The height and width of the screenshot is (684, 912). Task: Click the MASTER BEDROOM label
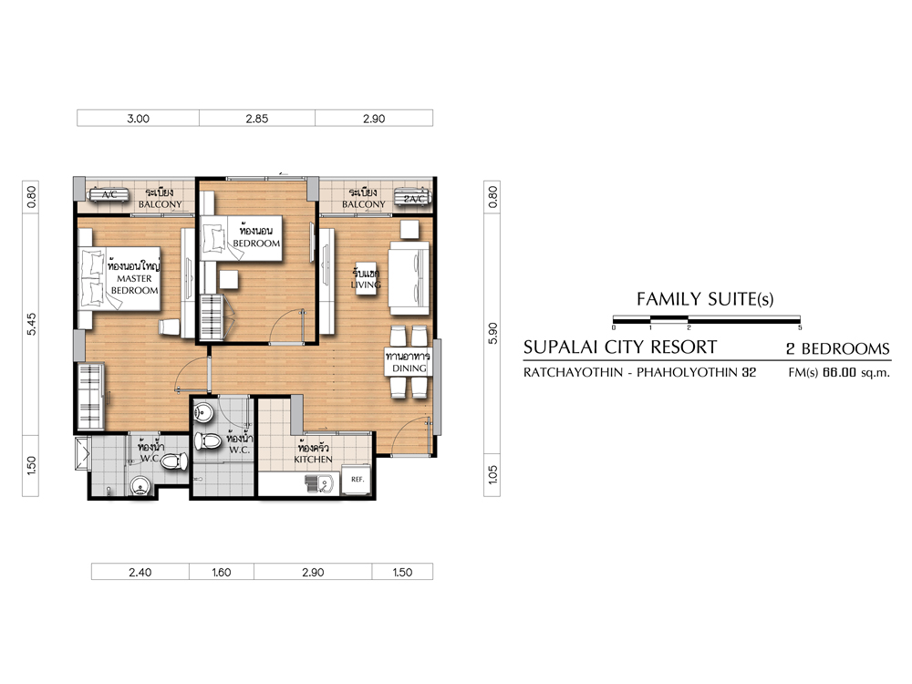tap(134, 285)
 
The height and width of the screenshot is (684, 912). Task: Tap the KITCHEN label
tap(313, 460)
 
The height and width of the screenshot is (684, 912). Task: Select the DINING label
tap(409, 368)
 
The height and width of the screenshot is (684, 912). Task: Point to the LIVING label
tap(366, 285)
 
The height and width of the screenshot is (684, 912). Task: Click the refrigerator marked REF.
tap(357, 480)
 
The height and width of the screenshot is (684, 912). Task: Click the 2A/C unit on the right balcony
tap(413, 198)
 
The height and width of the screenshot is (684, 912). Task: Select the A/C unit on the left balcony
tap(109, 194)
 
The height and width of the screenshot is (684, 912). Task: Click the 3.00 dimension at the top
tap(139, 119)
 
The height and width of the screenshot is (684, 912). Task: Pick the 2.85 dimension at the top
tap(256, 119)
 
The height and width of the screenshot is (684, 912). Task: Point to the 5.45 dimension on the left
tap(31, 324)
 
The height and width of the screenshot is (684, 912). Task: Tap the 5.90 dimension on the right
tap(493, 333)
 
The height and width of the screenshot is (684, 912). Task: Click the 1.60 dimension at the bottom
tap(222, 573)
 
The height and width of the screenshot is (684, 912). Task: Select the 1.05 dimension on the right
tap(493, 474)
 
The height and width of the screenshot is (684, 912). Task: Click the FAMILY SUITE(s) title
tap(705, 299)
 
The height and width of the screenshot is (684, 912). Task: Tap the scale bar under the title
tap(707, 319)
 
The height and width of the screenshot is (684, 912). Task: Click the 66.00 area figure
tap(839, 372)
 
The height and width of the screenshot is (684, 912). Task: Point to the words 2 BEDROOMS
tap(838, 348)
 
